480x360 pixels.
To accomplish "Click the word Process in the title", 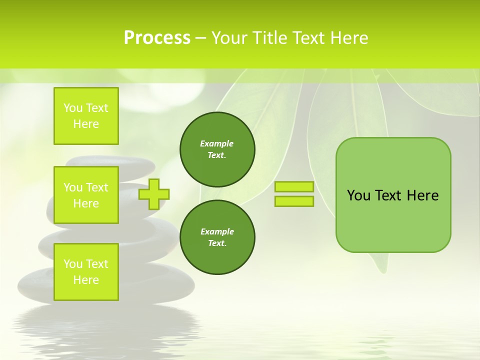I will coord(157,38).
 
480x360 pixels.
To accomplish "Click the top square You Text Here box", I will coord(86,116).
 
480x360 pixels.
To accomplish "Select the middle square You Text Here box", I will coord(86,195).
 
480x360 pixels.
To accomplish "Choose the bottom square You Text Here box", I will coord(86,272).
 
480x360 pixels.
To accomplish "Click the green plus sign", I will coord(154,194).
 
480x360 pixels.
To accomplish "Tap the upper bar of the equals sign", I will coord(294,187).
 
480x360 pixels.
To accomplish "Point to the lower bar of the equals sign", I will coord(294,201).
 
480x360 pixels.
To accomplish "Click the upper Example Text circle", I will coord(217,149).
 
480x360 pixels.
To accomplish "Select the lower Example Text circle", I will coord(217,237).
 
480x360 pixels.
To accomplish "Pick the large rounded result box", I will coord(393,220).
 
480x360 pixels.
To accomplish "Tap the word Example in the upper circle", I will coord(217,143).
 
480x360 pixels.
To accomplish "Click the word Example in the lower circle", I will coord(217,231).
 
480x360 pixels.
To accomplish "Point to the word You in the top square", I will coord(72,108).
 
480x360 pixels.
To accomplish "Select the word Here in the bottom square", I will coord(86,280).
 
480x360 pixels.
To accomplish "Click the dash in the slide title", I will coord(200,38).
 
